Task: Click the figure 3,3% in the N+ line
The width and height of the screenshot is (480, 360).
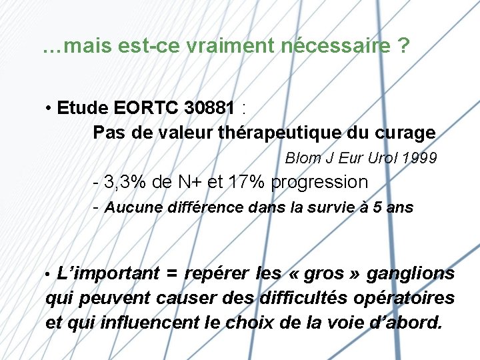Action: [x=127, y=182]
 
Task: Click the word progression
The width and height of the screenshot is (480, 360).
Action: [x=319, y=182]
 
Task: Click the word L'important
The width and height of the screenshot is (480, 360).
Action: [x=108, y=273]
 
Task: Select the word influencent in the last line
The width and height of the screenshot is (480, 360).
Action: [x=145, y=323]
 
